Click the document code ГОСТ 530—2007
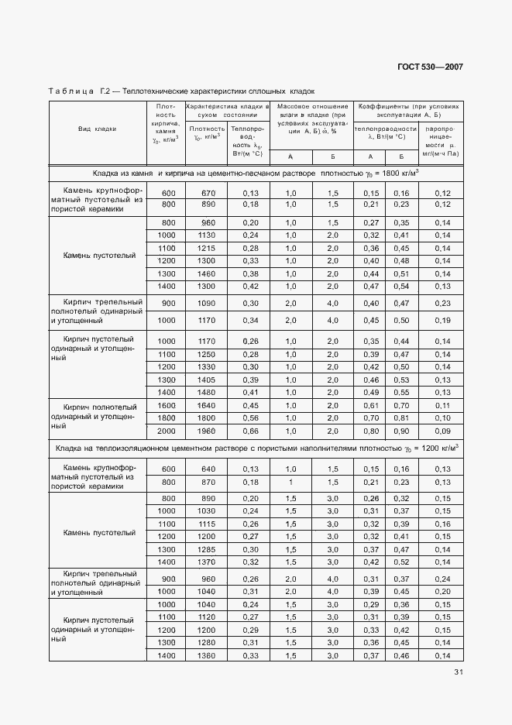coord(431,67)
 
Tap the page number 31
coord(458,672)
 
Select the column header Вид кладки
coord(97,129)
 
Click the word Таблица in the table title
coord(71,91)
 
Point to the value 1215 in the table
coord(208,248)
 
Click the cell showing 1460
coord(208,273)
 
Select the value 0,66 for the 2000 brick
coord(249,431)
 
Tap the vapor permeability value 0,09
coord(442,431)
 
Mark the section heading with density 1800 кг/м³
coord(256,173)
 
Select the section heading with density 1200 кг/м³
coord(256,448)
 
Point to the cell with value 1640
coord(208,405)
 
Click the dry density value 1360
coord(208,655)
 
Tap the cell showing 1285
coord(208,548)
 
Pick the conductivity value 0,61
coord(371,405)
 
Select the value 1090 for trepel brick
coord(208,303)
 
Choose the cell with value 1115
coord(208,524)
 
